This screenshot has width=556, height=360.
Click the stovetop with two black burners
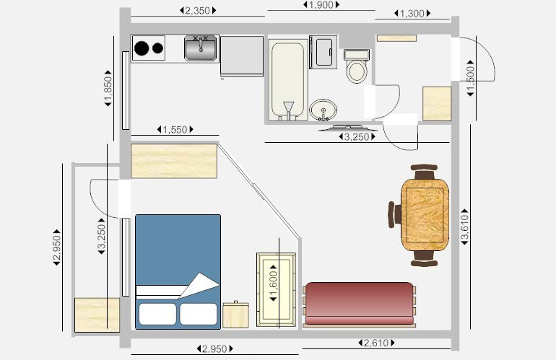click(149, 48)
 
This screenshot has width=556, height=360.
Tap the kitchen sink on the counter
click(201, 48)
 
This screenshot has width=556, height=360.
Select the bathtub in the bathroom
click(287, 79)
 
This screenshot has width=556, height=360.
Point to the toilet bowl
click(356, 71)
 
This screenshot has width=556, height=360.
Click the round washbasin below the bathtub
click(322, 110)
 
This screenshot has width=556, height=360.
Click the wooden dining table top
click(424, 214)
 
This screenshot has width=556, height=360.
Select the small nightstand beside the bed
click(235, 315)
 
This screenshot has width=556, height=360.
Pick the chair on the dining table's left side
click(394, 214)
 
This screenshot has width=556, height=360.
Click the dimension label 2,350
click(197, 11)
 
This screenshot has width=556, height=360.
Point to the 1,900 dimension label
click(321, 5)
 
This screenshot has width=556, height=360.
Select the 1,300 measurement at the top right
click(412, 14)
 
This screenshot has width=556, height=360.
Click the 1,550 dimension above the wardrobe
click(174, 130)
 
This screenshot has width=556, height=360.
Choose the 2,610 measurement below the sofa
click(378, 342)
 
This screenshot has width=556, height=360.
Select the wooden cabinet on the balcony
click(97, 315)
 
